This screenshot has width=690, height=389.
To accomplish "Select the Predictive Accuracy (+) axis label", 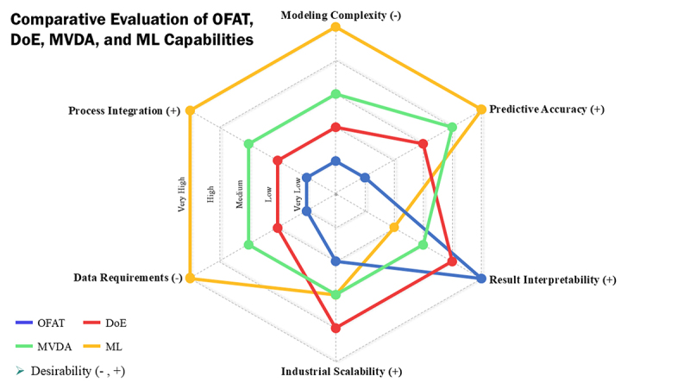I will [547, 110].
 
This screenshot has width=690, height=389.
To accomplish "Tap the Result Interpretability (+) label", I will [553, 279].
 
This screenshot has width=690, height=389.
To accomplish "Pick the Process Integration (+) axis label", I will [125, 110].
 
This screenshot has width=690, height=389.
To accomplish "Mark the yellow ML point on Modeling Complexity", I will [336, 28].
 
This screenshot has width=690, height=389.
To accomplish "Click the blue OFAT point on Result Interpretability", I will [481, 278].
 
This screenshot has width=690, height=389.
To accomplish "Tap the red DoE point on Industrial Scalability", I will [336, 328].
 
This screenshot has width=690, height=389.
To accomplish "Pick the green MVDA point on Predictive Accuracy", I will [452, 128].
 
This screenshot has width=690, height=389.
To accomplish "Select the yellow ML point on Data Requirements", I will [191, 278].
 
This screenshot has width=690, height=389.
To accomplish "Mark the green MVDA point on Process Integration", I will [248, 144].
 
